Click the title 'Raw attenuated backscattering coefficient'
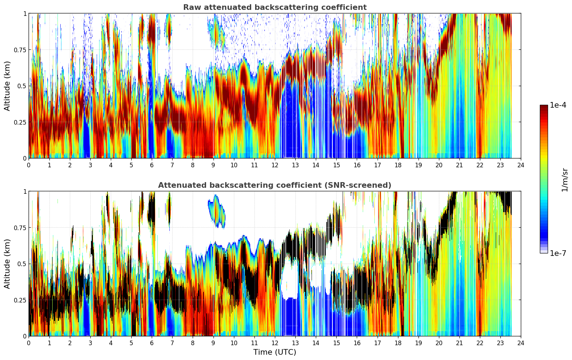(275, 7)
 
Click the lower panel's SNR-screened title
(275, 185)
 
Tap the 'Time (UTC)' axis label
(275, 352)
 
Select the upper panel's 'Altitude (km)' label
(7, 86)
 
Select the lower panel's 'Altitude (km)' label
(7, 264)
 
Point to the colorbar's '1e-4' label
(558, 105)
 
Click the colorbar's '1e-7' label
(558, 253)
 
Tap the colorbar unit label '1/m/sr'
(565, 180)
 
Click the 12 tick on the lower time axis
(275, 343)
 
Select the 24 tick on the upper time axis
(521, 165)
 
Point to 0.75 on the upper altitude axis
(20, 50)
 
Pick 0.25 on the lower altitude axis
(20, 300)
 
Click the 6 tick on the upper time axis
(152, 165)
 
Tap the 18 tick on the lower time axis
(398, 343)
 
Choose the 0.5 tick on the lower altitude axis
(22, 264)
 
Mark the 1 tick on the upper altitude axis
(25, 14)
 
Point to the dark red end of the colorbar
(543, 108)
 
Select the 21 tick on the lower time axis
(459, 343)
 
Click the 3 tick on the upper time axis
(90, 165)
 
